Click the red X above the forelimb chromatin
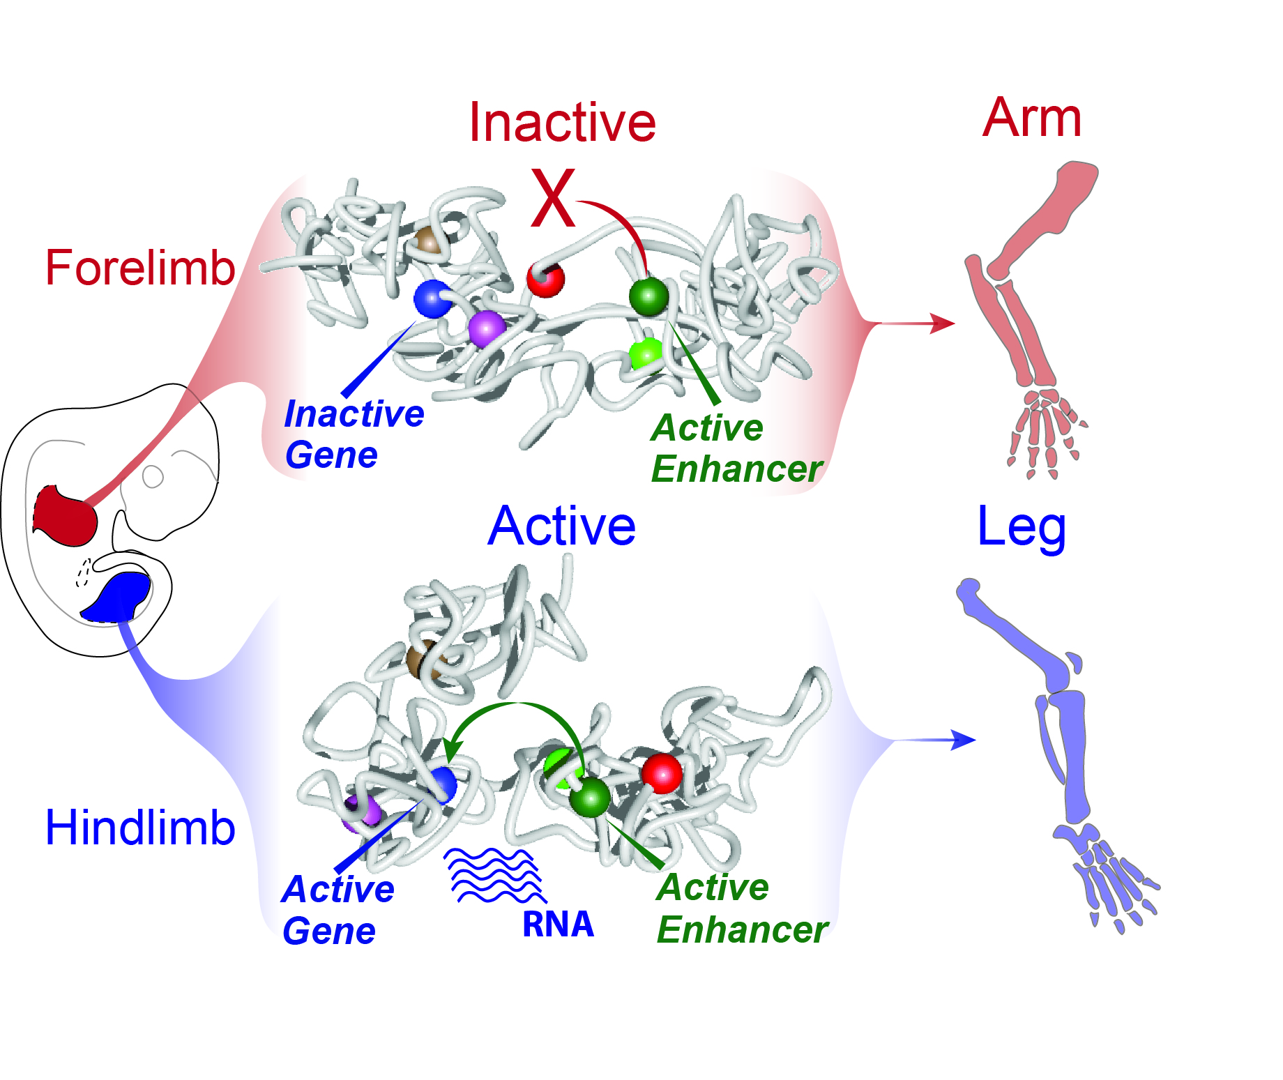click(553, 198)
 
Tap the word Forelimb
click(140, 268)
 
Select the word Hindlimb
click(140, 828)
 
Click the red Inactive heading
click(562, 123)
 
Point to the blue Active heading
click(561, 526)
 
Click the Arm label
click(1031, 118)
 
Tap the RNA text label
click(558, 925)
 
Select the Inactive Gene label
click(354, 434)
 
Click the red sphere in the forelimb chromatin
click(545, 279)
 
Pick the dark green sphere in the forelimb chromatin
click(648, 296)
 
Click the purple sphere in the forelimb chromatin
click(486, 328)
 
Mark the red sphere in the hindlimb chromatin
click(661, 773)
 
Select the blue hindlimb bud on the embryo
click(119, 597)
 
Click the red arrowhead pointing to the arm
click(943, 324)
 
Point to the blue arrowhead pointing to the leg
click(964, 740)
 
